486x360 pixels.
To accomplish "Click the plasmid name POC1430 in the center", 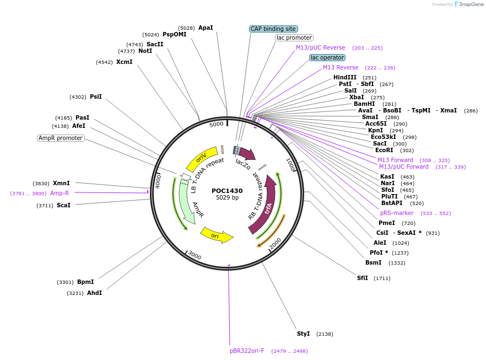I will coord(227,191).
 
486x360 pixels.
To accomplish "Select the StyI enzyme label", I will coord(304,334).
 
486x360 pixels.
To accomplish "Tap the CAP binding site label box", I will coord(273,29).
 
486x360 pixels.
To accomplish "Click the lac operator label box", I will coord(327,57).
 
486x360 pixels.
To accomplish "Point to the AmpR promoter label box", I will coord(61,138).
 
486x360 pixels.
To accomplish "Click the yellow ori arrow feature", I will coord(217,235).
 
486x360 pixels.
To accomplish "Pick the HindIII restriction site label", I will coord(345,77).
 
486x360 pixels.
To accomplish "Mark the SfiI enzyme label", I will coord(362,278).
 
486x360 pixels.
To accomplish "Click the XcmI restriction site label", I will coord(124,62).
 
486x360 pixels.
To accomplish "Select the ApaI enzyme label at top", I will coord(206,28).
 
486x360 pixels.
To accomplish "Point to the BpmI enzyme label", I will coord(85,282).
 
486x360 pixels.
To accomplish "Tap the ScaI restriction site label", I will coord(63,205).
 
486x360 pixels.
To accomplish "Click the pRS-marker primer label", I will coord(397,213).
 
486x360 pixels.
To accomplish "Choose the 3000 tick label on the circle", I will coord(195,255).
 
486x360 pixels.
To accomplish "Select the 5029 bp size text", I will coord(227,198).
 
